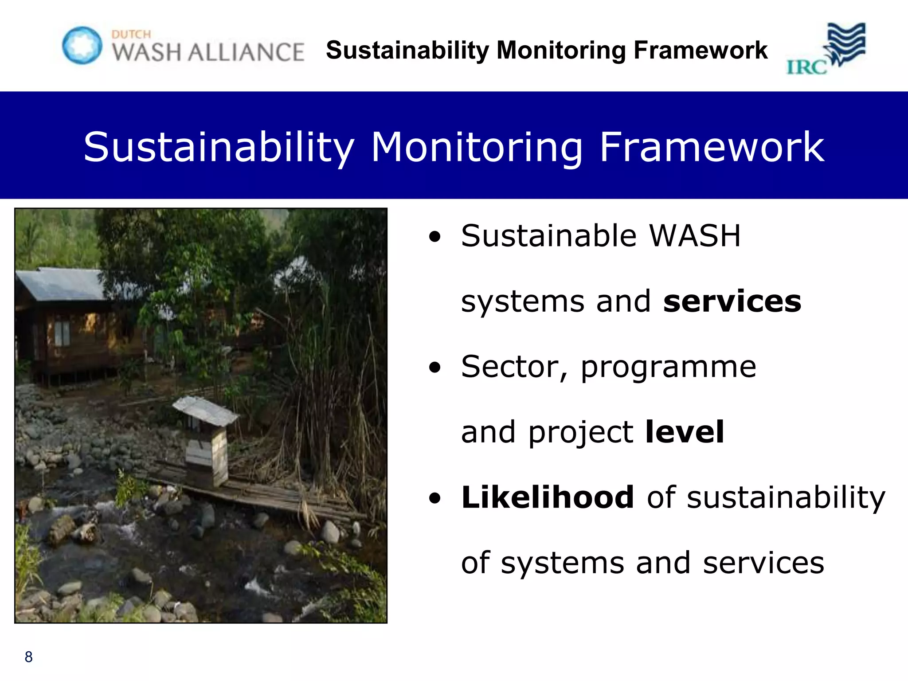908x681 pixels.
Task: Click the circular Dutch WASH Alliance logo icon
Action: point(82,45)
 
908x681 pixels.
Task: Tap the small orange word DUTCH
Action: point(131,35)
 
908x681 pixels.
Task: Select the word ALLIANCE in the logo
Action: point(246,52)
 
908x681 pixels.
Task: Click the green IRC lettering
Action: point(806,67)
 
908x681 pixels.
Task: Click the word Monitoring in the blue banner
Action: point(477,147)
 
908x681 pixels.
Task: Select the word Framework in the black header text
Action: point(701,50)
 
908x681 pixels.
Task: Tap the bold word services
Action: point(732,301)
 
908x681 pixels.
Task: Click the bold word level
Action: point(685,432)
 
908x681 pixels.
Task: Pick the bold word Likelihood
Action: point(548,497)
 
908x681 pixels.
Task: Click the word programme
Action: point(668,367)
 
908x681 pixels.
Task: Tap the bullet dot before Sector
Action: point(435,367)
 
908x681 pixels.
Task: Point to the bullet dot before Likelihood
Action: point(435,498)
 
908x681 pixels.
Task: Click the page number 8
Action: point(29,657)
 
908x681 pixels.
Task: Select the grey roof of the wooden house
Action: point(62,284)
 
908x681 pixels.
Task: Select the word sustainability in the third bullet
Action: point(785,498)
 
